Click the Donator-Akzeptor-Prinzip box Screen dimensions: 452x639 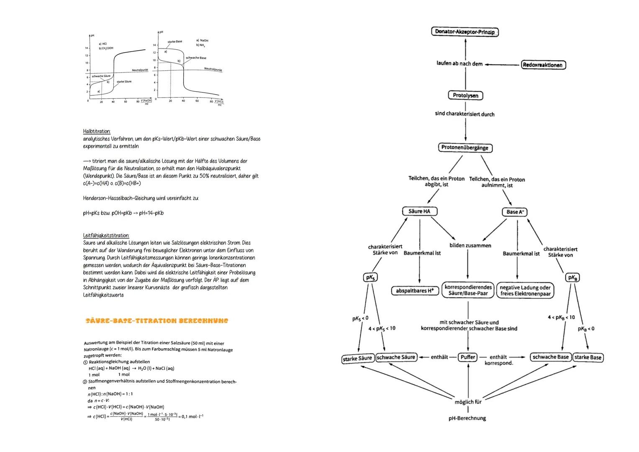click(464, 32)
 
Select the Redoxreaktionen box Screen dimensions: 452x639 click(543, 65)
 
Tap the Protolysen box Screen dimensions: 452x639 click(465, 95)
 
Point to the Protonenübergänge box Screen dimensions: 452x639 click(465, 148)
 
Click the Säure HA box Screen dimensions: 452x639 click(419, 211)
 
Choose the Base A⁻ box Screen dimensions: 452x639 click(514, 212)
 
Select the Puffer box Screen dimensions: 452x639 click(467, 357)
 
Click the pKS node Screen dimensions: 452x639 click(370, 277)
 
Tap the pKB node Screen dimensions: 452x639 click(572, 277)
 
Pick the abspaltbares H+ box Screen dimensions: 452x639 click(415, 291)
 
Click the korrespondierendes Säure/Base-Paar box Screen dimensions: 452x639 click(468, 290)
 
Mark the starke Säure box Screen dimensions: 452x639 click(357, 358)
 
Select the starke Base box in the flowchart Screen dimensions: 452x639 click(588, 357)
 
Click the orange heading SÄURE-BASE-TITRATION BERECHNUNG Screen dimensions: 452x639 click(157, 321)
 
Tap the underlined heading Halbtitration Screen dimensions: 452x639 click(97, 131)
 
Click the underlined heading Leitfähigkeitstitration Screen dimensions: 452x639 click(106, 236)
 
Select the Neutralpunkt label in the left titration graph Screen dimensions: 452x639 click(140, 70)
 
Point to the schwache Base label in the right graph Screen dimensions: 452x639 click(196, 57)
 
